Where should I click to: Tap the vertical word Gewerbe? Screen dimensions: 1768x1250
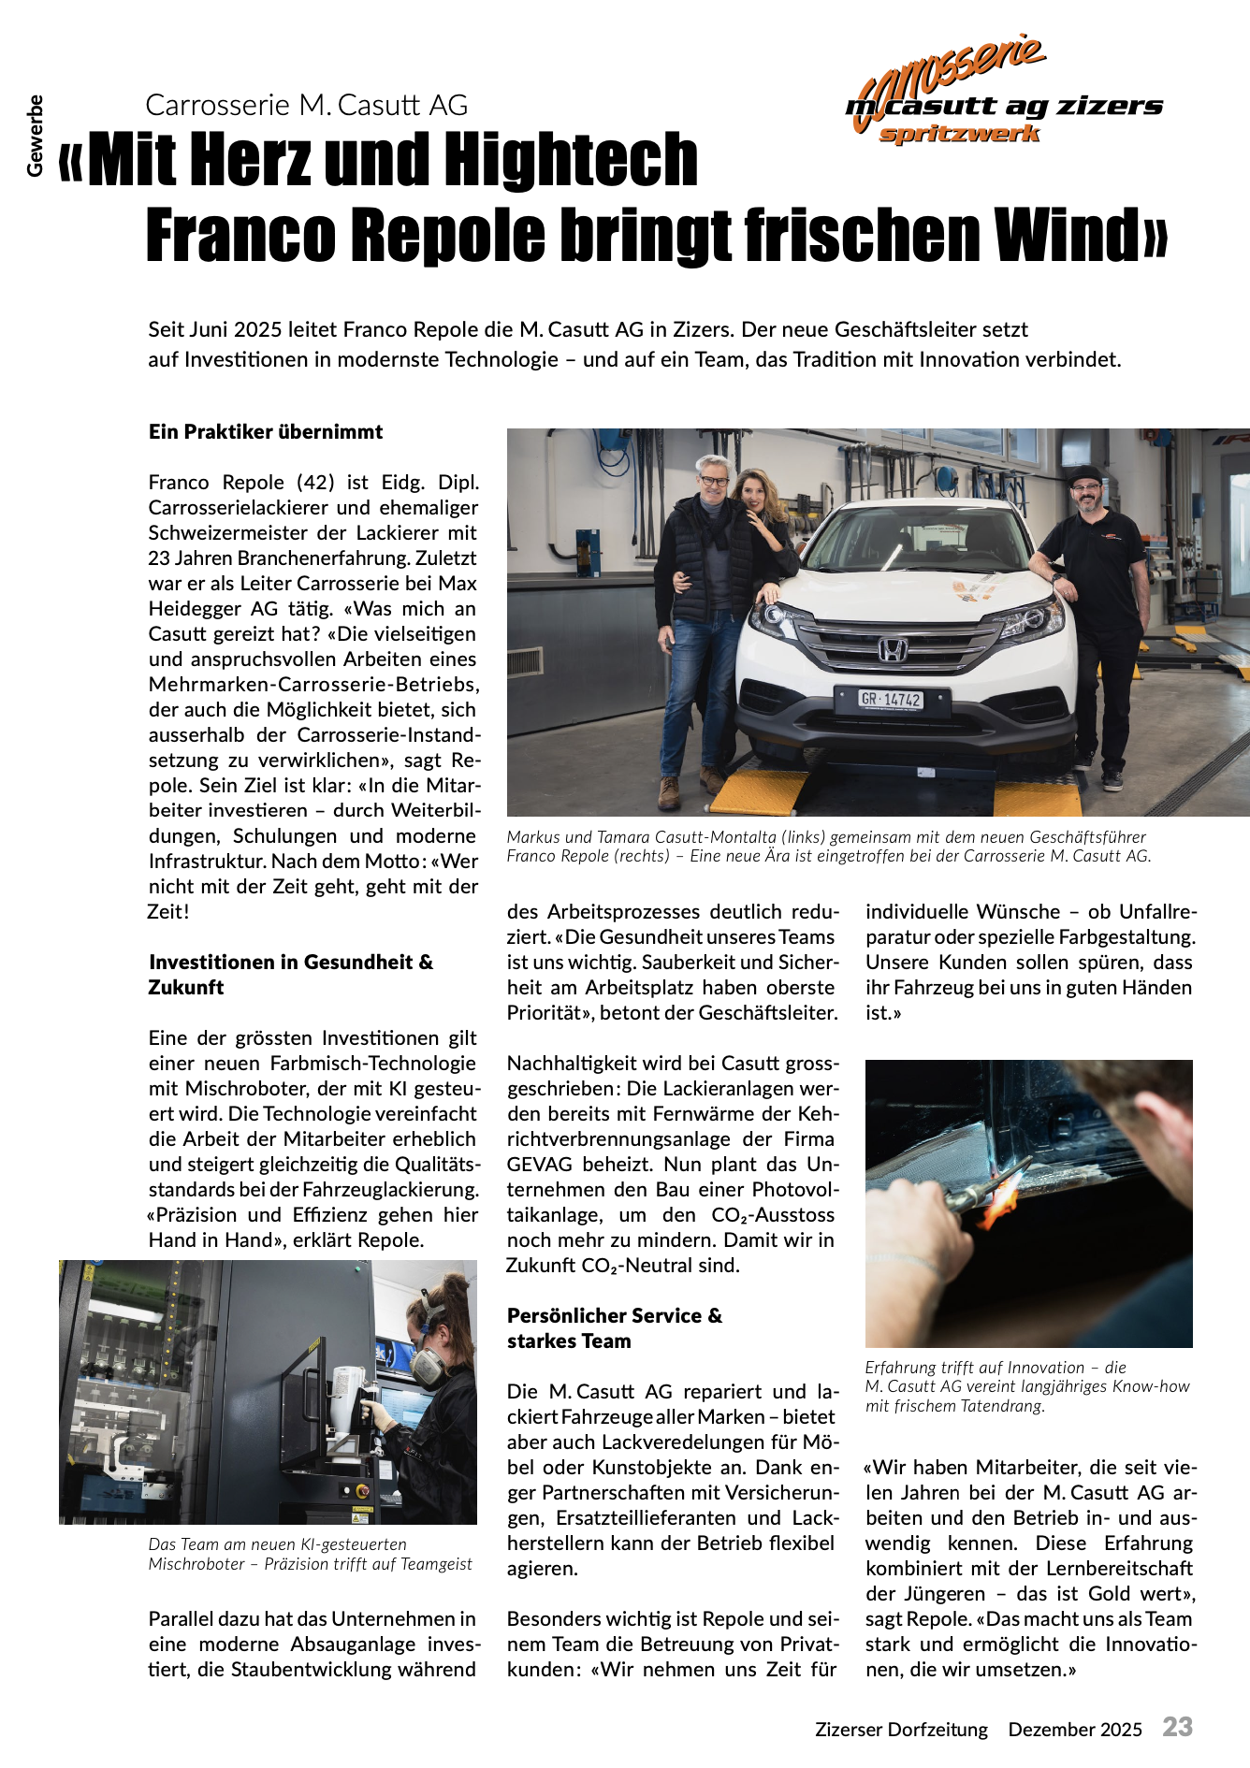36,136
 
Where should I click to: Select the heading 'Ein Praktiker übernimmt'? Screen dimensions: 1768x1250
266,432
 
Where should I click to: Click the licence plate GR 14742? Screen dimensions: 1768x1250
891,700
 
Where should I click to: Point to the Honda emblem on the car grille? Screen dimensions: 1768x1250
892,648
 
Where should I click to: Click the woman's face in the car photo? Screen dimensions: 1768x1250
754,491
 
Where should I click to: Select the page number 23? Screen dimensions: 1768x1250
1178,1727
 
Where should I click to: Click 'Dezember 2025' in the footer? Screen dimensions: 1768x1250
1075,1730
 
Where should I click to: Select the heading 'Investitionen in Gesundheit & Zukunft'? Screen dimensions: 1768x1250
290,975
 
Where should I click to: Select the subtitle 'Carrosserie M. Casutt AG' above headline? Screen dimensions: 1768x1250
306,105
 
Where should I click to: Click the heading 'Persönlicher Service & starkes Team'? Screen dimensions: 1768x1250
614,1328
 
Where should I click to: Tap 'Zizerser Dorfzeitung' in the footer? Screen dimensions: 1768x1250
901,1730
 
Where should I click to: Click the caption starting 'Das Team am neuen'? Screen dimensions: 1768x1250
310,1554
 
